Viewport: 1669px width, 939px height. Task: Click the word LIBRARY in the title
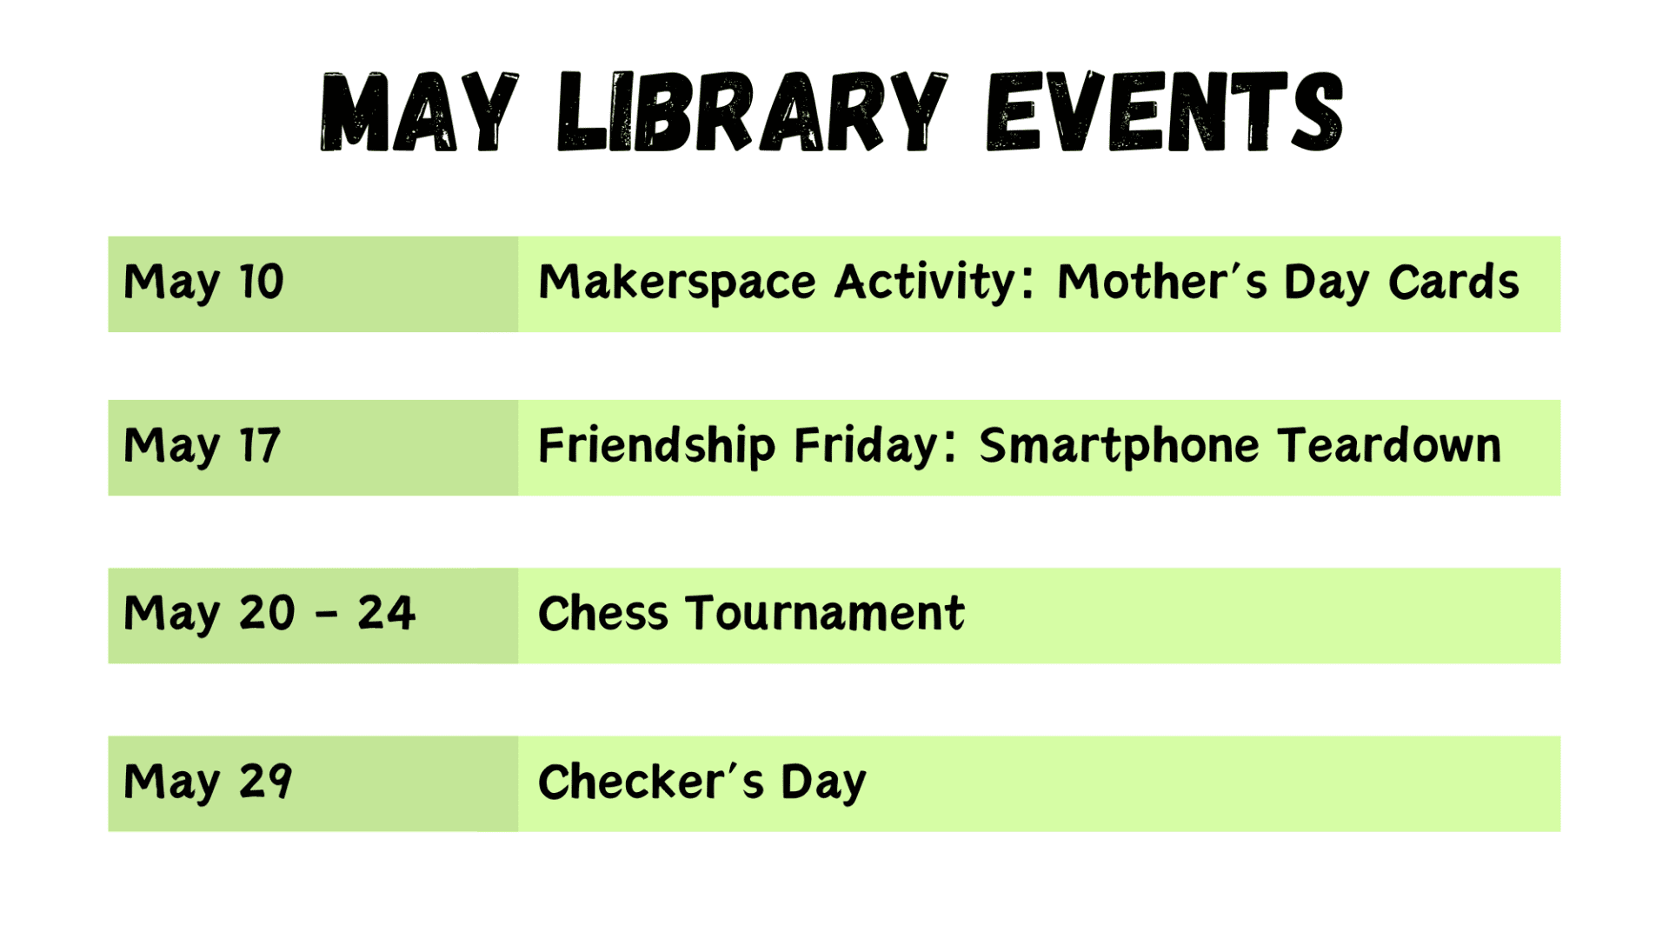click(753, 112)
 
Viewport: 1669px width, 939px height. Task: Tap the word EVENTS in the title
click(1165, 112)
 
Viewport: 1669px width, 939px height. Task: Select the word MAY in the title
click(420, 112)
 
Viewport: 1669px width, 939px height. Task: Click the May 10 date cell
click(313, 284)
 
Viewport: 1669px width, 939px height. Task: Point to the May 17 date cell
click(313, 448)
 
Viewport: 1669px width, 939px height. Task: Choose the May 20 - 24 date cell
click(313, 616)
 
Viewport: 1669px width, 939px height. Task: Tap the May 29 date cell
click(313, 784)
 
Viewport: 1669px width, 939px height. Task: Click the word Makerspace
click(677, 283)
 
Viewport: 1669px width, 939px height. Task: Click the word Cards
click(1453, 282)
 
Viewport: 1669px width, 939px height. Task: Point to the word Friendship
click(656, 446)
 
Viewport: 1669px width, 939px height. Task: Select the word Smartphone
click(1120, 446)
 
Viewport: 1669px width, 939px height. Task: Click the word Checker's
click(651, 781)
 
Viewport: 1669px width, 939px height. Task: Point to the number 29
click(265, 781)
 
